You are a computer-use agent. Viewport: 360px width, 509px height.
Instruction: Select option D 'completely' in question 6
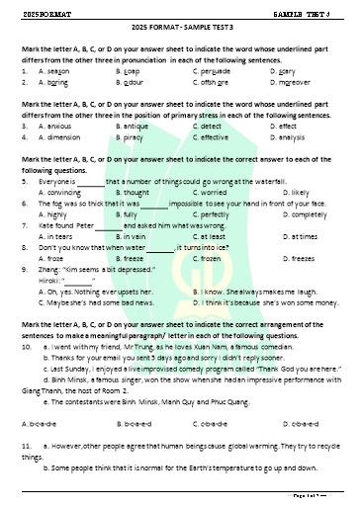pyautogui.click(x=297, y=214)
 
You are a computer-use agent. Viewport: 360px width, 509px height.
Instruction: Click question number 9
pyautogui.click(x=24, y=270)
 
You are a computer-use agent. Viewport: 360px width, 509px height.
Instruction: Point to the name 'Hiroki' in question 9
pyautogui.click(x=49, y=281)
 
